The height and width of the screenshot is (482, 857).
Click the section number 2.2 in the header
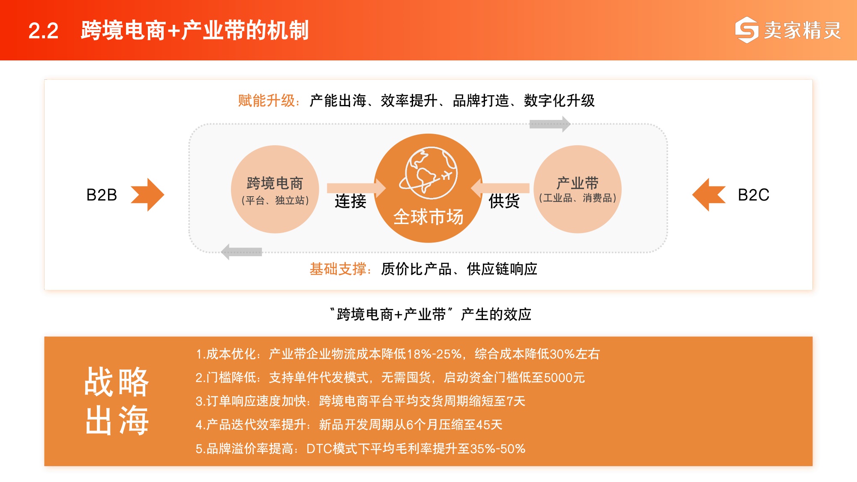click(43, 31)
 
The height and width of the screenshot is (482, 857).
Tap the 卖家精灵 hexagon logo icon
click(746, 30)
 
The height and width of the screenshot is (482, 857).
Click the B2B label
click(102, 195)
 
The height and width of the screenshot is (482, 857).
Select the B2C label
click(753, 195)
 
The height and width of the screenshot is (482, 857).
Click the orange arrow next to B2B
click(147, 195)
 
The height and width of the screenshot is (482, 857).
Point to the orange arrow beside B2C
click(709, 195)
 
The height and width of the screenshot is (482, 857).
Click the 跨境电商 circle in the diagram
click(275, 189)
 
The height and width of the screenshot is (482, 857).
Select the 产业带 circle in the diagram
click(577, 189)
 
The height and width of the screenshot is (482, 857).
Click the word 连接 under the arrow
click(351, 201)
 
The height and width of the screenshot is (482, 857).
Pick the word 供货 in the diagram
click(504, 201)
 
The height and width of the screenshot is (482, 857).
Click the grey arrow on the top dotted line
click(550, 124)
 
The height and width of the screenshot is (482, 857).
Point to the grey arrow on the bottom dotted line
click(241, 252)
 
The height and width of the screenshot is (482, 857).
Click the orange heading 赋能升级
click(267, 101)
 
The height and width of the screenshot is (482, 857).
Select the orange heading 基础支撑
click(338, 269)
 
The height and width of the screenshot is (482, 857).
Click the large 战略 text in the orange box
click(117, 382)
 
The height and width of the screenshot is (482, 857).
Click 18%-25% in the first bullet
click(434, 354)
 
